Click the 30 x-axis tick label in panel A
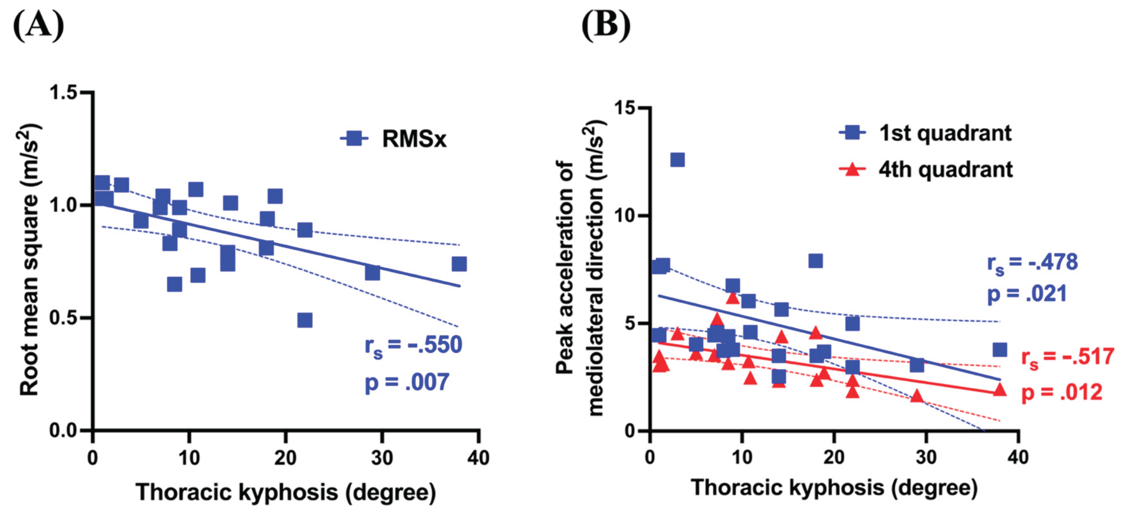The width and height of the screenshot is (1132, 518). point(382,458)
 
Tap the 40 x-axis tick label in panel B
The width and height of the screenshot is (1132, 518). point(1018,457)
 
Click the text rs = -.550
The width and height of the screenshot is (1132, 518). point(413,345)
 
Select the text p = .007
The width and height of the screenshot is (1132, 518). point(407,382)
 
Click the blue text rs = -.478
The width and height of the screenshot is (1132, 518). point(1032,263)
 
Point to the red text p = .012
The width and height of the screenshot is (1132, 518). point(1062,392)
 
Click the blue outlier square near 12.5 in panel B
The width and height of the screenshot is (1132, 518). point(677,160)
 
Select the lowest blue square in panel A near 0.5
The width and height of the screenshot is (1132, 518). point(304,320)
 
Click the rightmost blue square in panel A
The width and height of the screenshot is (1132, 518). point(459,264)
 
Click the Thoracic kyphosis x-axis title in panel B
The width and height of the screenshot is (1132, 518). point(834,488)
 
